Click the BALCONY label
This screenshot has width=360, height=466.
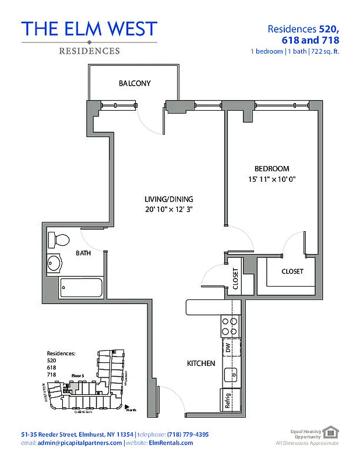point(135,83)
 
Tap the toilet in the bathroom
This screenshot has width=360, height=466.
point(59,239)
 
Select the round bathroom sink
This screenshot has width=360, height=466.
point(55,263)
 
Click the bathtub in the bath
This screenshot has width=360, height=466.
point(81,287)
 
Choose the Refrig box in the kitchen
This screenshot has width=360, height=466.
point(228,401)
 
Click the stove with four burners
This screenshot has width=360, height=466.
point(230,326)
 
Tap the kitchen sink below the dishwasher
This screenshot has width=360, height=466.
point(230,375)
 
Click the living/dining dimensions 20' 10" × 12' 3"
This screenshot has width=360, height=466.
point(169,209)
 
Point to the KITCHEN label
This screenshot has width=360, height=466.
point(201,363)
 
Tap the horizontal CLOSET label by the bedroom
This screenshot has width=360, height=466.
point(292,271)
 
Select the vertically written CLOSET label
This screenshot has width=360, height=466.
point(235,279)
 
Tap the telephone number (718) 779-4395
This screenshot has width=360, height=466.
point(187,435)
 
